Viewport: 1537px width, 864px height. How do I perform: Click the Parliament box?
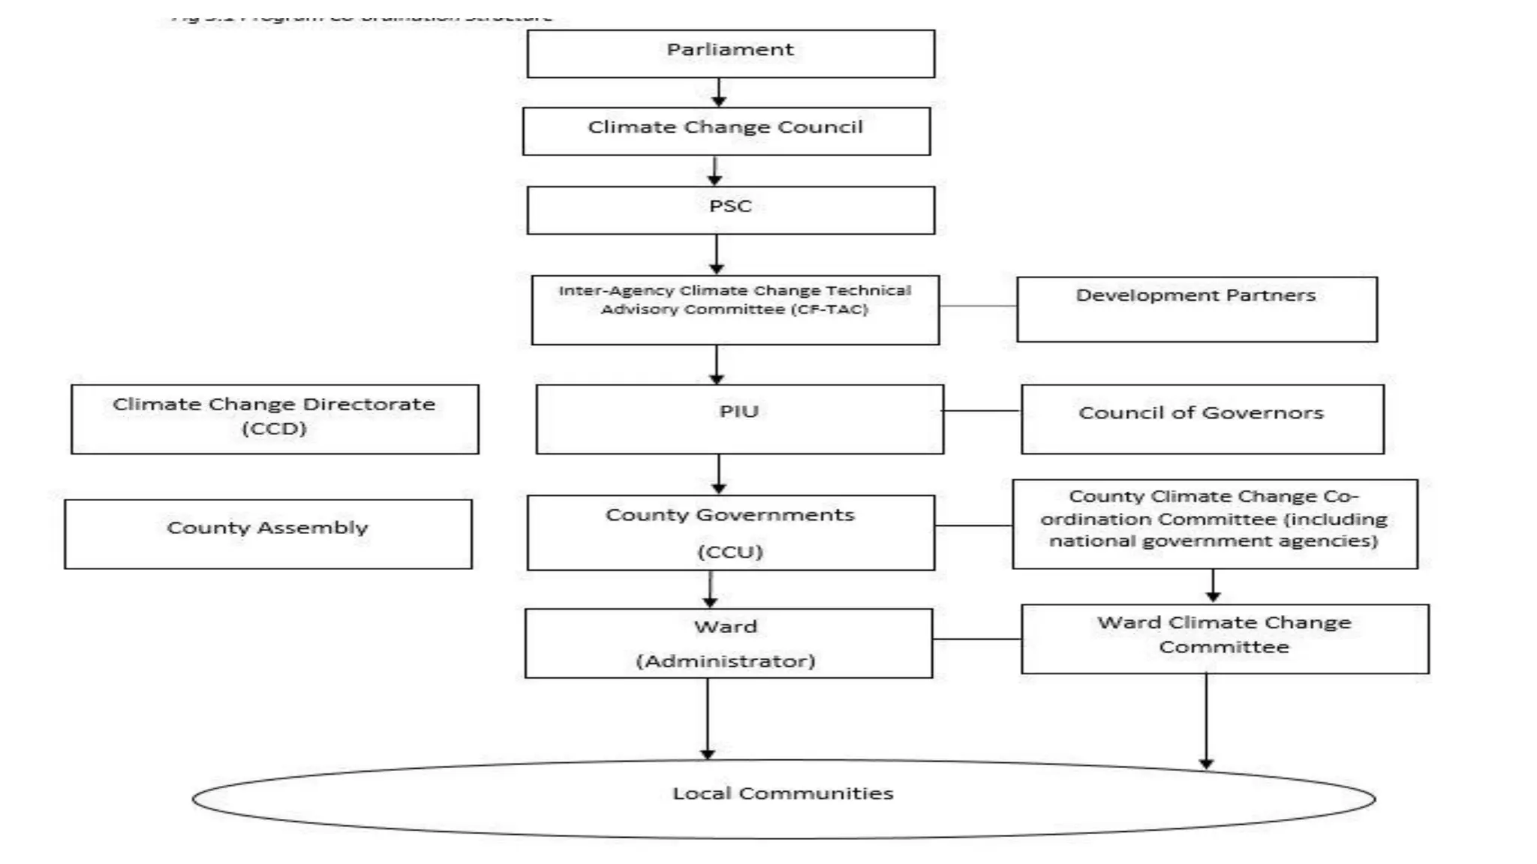tap(730, 53)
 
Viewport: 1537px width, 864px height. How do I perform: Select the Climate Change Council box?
tap(726, 131)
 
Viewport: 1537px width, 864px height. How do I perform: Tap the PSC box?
tap(730, 210)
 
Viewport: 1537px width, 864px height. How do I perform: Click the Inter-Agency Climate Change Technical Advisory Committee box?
tap(735, 310)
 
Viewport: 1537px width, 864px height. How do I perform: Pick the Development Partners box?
tap(1196, 309)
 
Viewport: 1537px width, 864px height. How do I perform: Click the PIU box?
tap(739, 418)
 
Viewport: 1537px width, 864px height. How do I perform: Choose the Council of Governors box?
tap(1202, 418)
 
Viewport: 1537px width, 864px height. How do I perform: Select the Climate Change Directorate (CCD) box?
tap(275, 418)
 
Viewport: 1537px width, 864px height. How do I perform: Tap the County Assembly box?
tap(268, 534)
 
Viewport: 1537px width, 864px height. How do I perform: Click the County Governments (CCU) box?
tap(730, 532)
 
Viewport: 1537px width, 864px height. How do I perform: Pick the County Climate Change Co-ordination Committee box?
tap(1214, 523)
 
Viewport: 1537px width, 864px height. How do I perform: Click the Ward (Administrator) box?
tap(728, 643)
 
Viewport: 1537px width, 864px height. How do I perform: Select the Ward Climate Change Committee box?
tap(1224, 638)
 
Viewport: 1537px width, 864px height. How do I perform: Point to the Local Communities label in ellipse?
tap(783, 793)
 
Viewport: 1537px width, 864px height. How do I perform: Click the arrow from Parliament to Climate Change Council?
tap(719, 92)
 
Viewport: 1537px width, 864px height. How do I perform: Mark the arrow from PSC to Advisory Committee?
tap(717, 254)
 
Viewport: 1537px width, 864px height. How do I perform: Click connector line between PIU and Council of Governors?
tap(982, 411)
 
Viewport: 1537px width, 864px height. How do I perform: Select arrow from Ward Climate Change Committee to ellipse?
tap(1206, 720)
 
